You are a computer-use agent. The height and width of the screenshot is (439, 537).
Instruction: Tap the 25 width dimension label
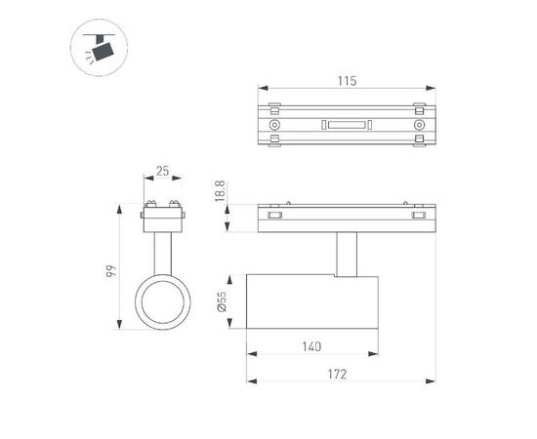tap(162, 172)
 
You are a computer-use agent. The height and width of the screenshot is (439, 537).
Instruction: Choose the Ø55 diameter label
tap(222, 305)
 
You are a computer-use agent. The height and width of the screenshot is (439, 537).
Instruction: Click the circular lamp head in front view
tap(162, 306)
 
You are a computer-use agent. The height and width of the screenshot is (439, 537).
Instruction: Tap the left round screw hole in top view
tap(275, 127)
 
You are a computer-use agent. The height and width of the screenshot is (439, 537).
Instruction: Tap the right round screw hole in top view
tap(419, 127)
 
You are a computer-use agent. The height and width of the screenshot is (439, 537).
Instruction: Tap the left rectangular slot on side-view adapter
tap(275, 215)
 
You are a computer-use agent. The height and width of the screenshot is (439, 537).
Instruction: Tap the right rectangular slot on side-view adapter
tap(419, 215)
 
